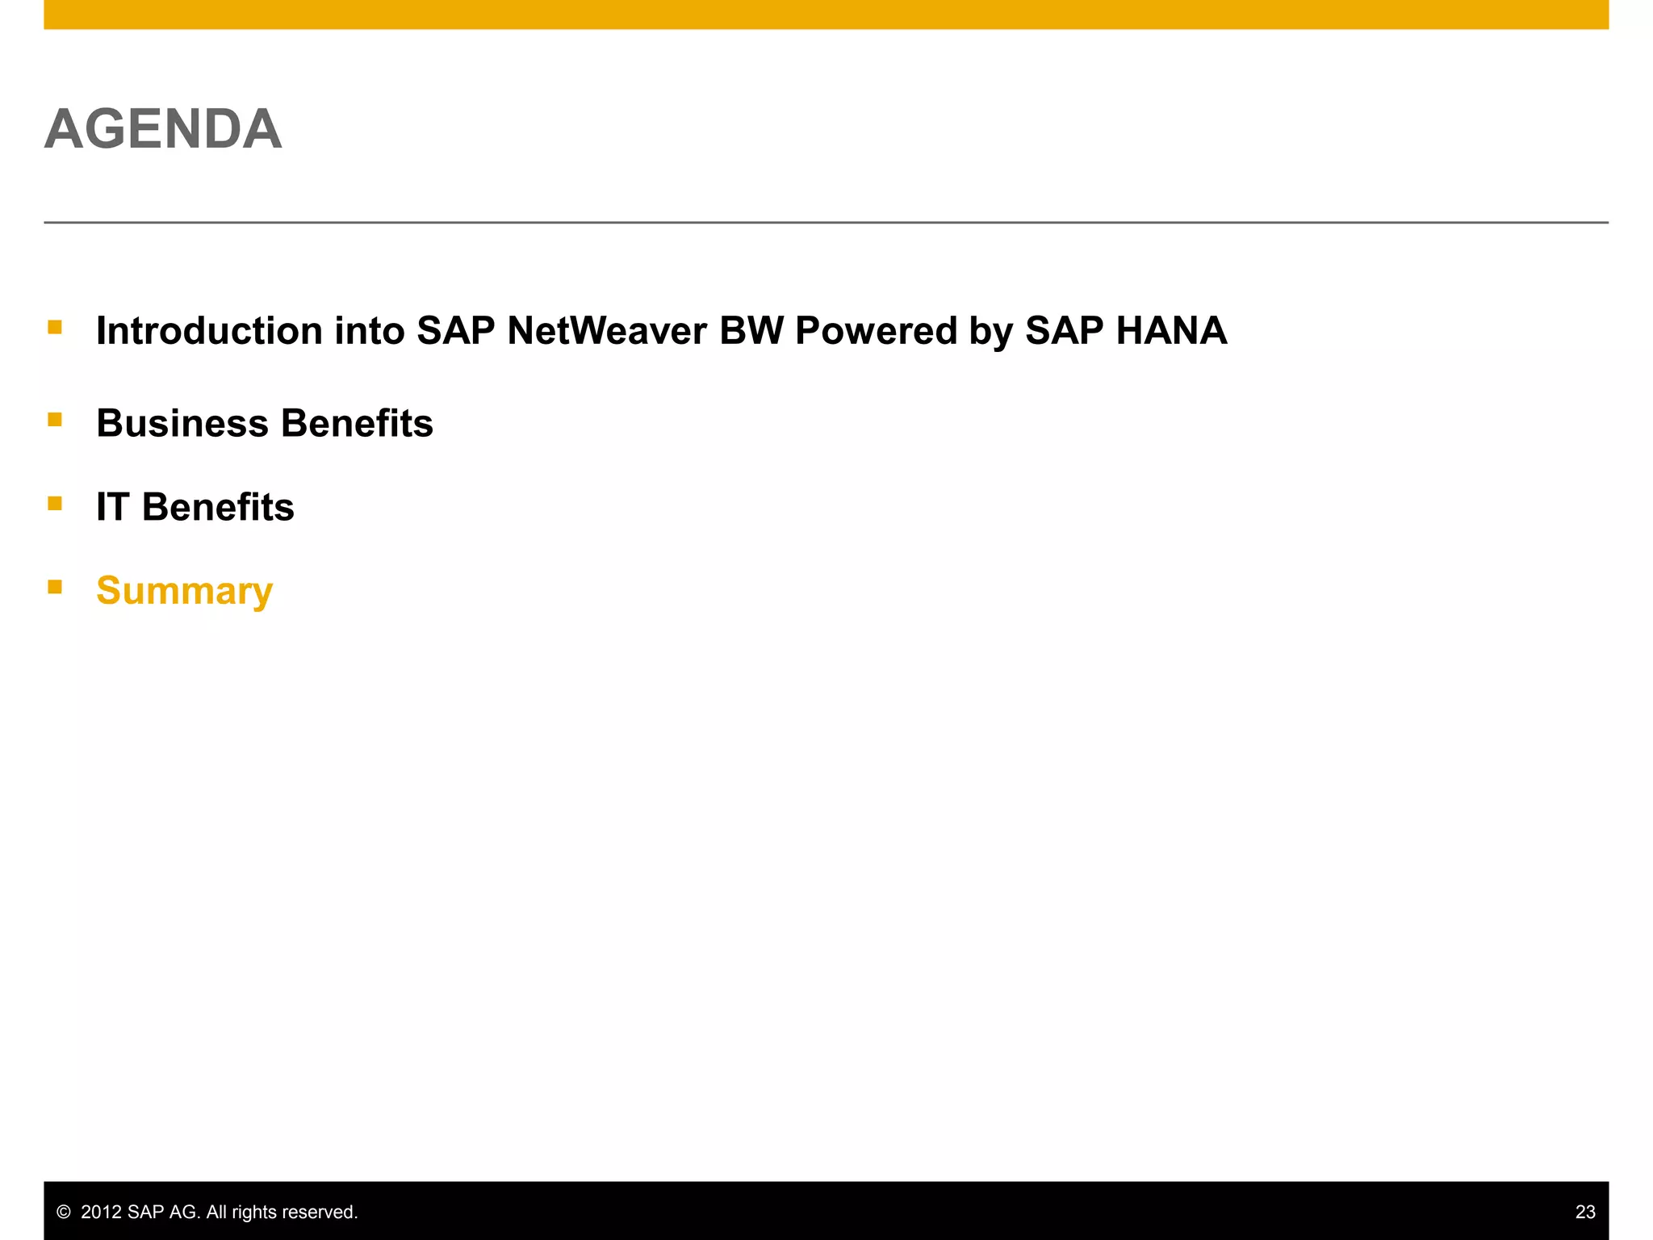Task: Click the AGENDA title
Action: click(163, 129)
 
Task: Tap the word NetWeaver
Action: click(607, 331)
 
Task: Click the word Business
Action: click(182, 423)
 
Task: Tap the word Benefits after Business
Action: click(357, 423)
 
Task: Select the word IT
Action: click(112, 507)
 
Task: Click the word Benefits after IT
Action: click(218, 507)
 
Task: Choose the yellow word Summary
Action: click(184, 591)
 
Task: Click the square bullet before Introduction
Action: click(55, 327)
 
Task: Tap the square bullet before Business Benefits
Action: click(55, 419)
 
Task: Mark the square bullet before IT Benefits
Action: click(55, 504)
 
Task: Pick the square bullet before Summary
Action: click(55, 587)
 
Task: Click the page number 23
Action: click(1584, 1212)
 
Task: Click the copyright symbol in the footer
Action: click(64, 1212)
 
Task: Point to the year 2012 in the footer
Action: click(101, 1212)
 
